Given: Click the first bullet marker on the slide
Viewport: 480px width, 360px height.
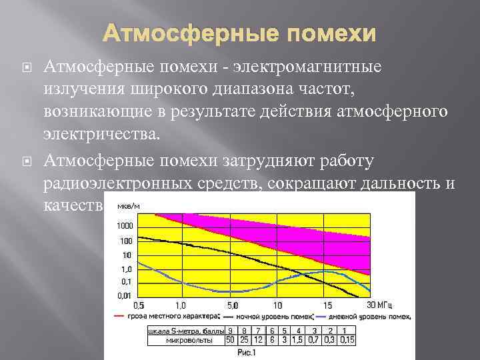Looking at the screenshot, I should pyautogui.click(x=27, y=67).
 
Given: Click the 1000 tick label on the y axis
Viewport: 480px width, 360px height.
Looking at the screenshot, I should pyautogui.click(x=125, y=227).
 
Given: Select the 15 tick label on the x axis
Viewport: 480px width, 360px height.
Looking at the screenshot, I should pyautogui.click(x=327, y=305).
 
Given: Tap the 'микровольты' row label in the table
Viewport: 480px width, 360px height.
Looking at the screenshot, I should pyautogui.click(x=189, y=340).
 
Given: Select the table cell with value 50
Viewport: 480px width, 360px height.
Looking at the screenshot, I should pyautogui.click(x=230, y=340).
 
